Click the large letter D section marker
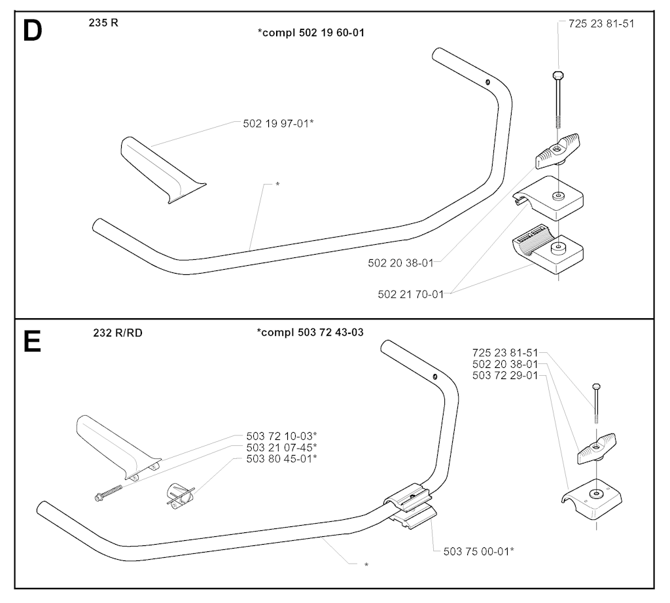coord(33,31)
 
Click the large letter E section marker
coord(32,342)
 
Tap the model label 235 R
coord(103,23)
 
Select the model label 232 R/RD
coord(118,333)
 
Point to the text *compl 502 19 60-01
coord(311,33)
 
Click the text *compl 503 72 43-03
coord(310,333)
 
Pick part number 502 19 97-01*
coord(278,124)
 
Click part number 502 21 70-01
coord(411,294)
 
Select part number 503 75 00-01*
coord(478,551)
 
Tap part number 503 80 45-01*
coord(281,459)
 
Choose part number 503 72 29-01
coord(505,376)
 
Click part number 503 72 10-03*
coord(281,436)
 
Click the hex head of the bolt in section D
coord(558,75)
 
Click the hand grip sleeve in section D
coord(162,170)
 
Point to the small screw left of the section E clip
coord(108,492)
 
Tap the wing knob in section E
coord(597,448)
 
